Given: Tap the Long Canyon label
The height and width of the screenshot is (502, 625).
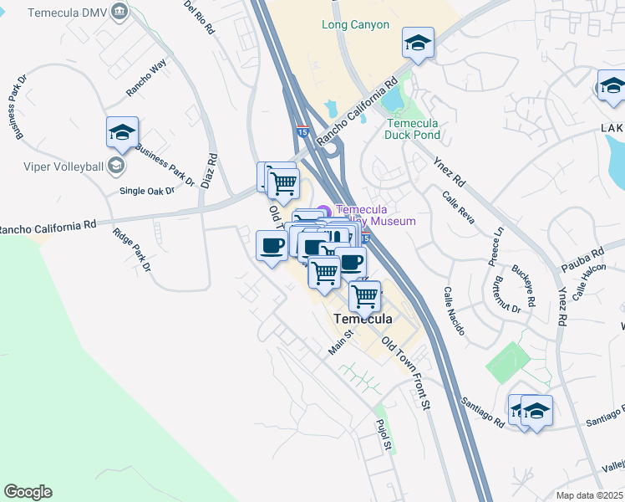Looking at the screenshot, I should click(355, 25).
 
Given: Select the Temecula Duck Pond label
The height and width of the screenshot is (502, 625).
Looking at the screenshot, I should click(412, 128).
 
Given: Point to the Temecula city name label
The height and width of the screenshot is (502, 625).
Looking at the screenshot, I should click(364, 320).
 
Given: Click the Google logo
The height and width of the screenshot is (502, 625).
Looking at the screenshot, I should click(28, 492).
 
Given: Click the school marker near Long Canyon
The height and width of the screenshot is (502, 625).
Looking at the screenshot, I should click(418, 43).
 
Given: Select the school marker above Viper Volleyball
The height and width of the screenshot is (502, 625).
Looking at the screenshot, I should click(122, 132).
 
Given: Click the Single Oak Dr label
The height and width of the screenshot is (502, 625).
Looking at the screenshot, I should click(147, 191).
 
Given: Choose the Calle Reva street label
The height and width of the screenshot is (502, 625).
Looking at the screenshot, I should click(459, 207).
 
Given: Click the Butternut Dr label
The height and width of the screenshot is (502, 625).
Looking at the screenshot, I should click(507, 295).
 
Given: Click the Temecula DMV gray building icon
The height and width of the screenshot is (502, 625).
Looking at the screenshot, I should click(121, 13).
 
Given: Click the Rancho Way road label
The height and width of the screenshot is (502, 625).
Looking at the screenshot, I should click(146, 80).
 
